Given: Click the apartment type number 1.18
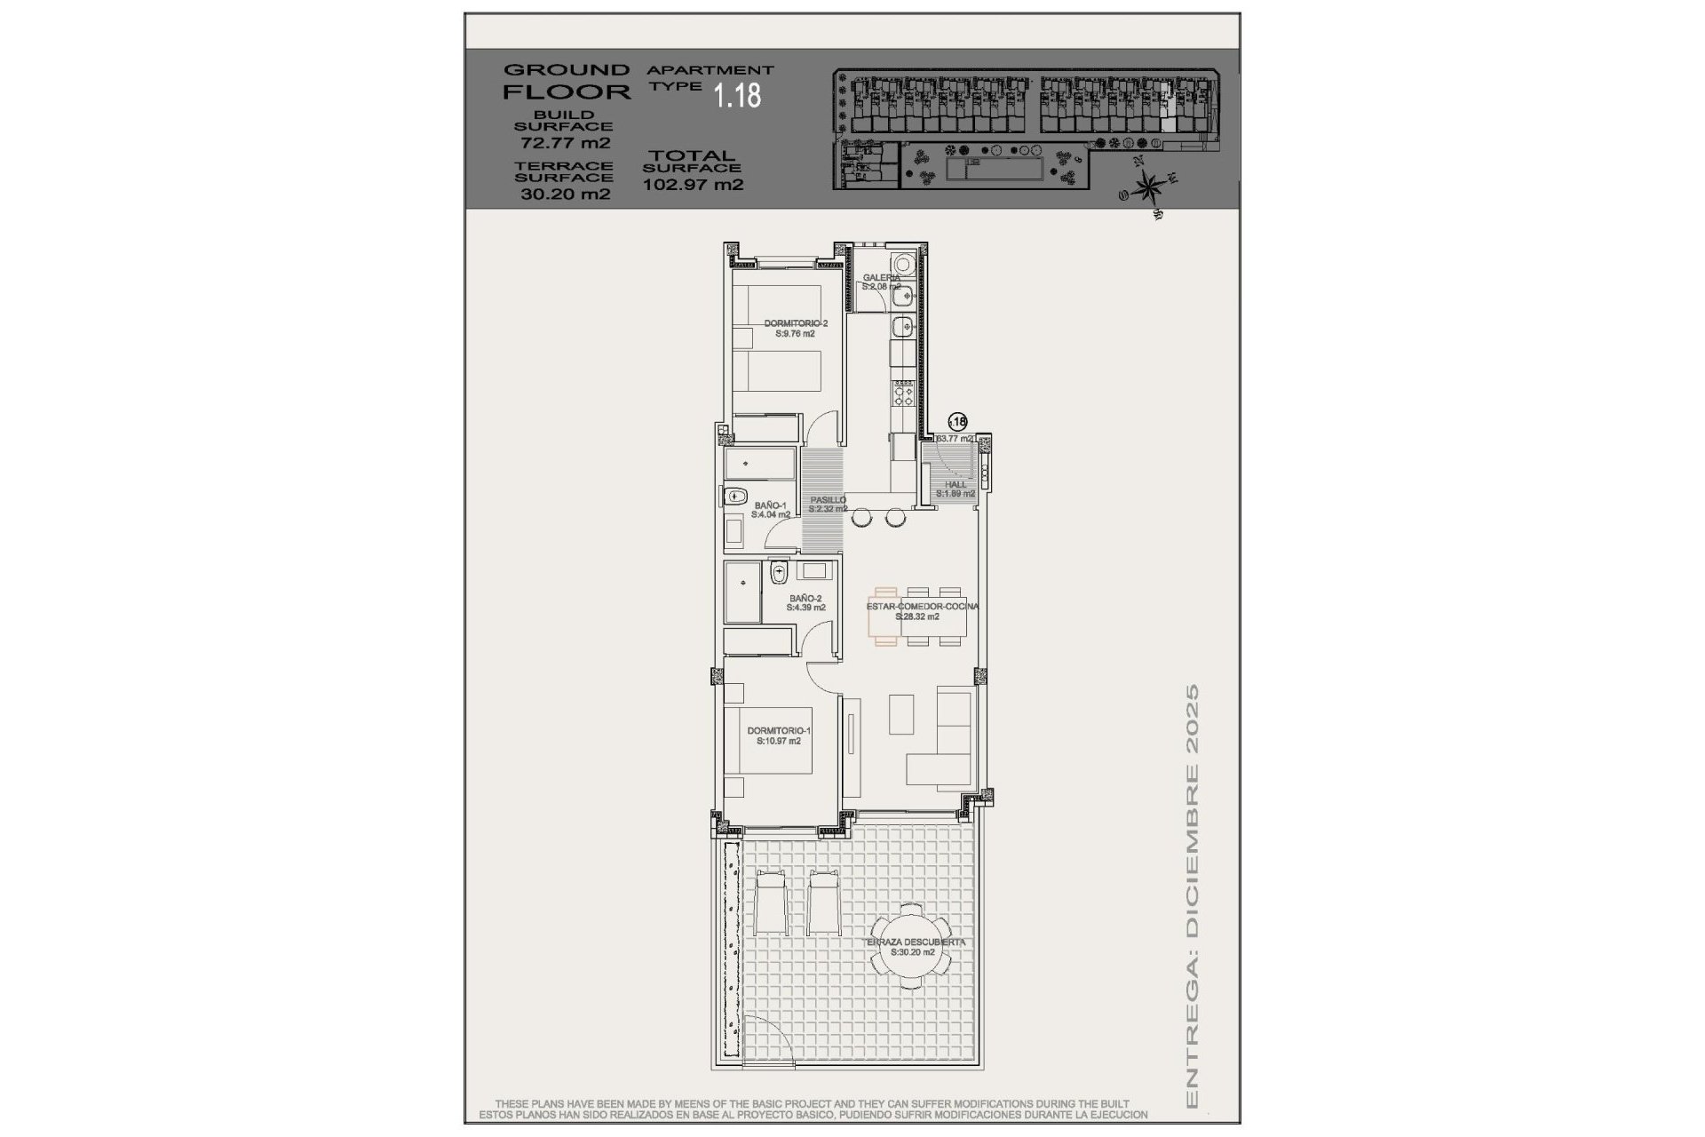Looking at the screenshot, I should (x=738, y=95).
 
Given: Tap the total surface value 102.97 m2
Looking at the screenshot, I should (x=693, y=186).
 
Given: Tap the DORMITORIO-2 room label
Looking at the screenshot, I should (x=796, y=324).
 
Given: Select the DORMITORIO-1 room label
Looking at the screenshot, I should (x=779, y=731).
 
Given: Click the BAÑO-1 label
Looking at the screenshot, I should (x=771, y=505).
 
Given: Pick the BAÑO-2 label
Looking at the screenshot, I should (x=806, y=599).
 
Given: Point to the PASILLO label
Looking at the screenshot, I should (x=828, y=500).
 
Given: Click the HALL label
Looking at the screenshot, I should (x=956, y=484).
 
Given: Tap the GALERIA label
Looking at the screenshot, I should (x=881, y=278).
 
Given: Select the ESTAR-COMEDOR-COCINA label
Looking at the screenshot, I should (x=922, y=607).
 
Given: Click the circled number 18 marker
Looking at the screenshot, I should (x=957, y=422).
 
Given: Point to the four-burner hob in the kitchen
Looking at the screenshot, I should (x=903, y=394).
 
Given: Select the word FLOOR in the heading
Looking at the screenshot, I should (x=567, y=91).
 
